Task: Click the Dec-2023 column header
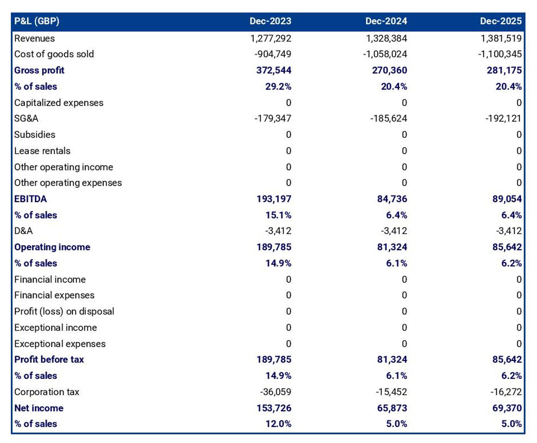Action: (270, 21)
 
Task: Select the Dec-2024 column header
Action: (386, 21)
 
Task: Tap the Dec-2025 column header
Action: (501, 21)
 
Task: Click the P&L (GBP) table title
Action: (37, 21)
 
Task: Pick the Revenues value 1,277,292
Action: (271, 38)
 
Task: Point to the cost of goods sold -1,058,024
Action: (385, 54)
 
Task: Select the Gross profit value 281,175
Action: (504, 70)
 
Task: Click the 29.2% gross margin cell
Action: (278, 86)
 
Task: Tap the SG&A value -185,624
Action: (388, 119)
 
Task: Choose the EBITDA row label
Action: (30, 199)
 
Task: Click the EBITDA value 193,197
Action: (274, 199)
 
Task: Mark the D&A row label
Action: (24, 231)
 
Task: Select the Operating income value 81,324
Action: (392, 247)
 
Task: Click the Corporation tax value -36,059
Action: (276, 392)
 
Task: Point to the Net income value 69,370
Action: (507, 408)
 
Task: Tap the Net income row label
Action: (39, 408)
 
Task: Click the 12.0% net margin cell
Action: (278, 424)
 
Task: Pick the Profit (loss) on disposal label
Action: (64, 311)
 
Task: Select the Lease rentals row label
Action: (42, 151)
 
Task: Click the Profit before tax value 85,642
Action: (507, 359)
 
